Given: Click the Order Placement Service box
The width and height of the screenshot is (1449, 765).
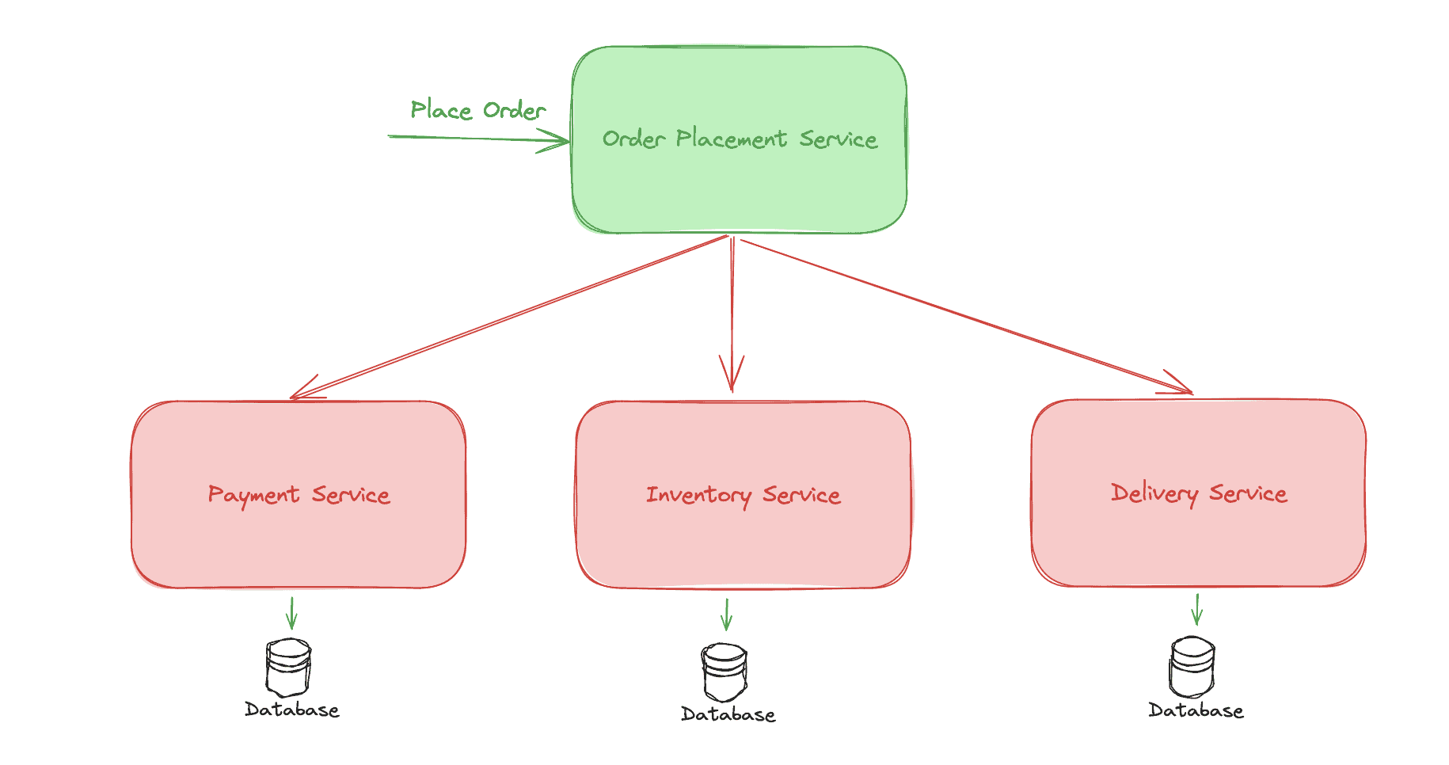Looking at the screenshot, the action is [740, 140].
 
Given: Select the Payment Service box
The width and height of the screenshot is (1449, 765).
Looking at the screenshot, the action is [299, 495].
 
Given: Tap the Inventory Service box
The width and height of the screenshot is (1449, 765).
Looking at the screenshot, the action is [744, 495].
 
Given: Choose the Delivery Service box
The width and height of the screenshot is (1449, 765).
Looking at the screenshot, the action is [1199, 493].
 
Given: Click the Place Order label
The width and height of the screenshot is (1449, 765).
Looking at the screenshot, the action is [478, 110].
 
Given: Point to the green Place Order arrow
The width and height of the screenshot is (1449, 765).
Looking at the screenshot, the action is [479, 139].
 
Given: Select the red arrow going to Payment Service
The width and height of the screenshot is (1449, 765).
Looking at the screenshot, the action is [509, 317].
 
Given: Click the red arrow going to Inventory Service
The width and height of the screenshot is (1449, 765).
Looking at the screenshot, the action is [732, 314].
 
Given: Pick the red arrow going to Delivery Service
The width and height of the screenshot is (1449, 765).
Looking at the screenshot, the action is [967, 316].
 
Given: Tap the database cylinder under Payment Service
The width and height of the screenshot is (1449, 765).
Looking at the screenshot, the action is [289, 668].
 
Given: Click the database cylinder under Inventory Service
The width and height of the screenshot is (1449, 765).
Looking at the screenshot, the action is [724, 672].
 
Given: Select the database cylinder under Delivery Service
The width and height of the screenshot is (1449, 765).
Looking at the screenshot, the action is [1192, 667].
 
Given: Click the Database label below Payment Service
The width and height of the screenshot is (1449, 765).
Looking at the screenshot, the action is [292, 710].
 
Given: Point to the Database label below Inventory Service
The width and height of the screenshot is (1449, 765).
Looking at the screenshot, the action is [728, 714].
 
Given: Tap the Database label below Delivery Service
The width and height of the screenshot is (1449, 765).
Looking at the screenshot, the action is [1196, 710].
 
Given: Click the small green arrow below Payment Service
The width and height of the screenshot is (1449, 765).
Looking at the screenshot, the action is [291, 613].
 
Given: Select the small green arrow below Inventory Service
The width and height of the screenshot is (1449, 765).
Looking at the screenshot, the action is [726, 615].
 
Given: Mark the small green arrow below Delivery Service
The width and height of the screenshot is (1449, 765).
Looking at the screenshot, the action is [1197, 610].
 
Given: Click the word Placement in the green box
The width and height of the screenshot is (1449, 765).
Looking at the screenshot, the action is [732, 139].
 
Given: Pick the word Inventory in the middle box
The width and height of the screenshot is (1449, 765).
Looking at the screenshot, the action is [698, 496].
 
